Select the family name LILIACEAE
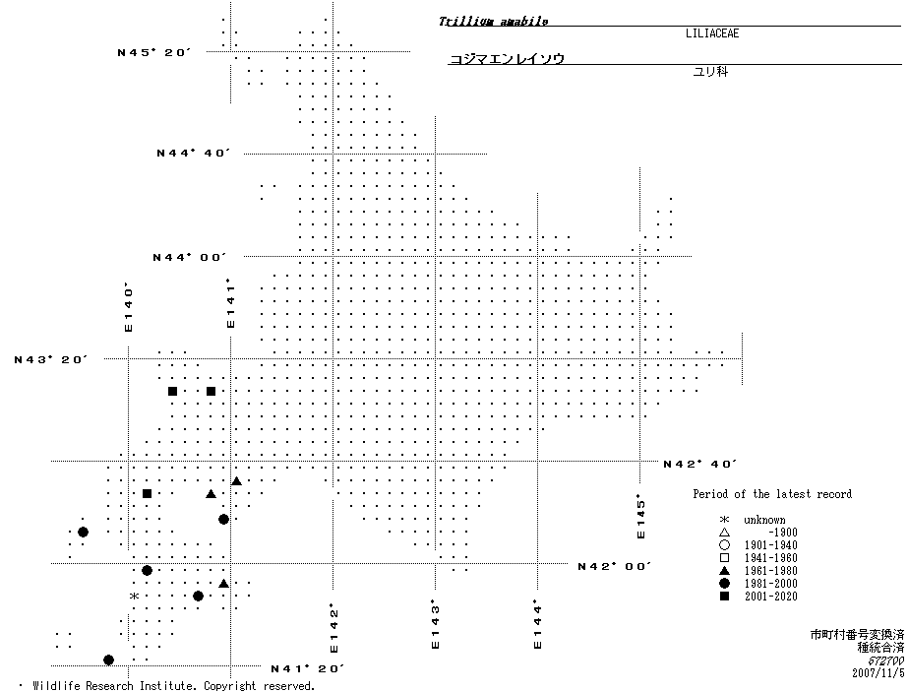coord(712,33)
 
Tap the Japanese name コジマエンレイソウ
coord(507,59)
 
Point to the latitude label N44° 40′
coord(192,153)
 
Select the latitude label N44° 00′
coord(189,257)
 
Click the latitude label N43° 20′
coord(50,359)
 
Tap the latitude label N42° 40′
coord(700,464)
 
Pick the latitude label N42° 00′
coord(614,566)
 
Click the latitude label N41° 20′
coord(307,668)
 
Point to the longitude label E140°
coord(128,308)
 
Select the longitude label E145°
coord(641,516)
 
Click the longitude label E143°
coord(434,625)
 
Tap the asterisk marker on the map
coord(133,597)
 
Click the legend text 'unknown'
coord(764,520)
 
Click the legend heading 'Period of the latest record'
coord(772,494)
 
